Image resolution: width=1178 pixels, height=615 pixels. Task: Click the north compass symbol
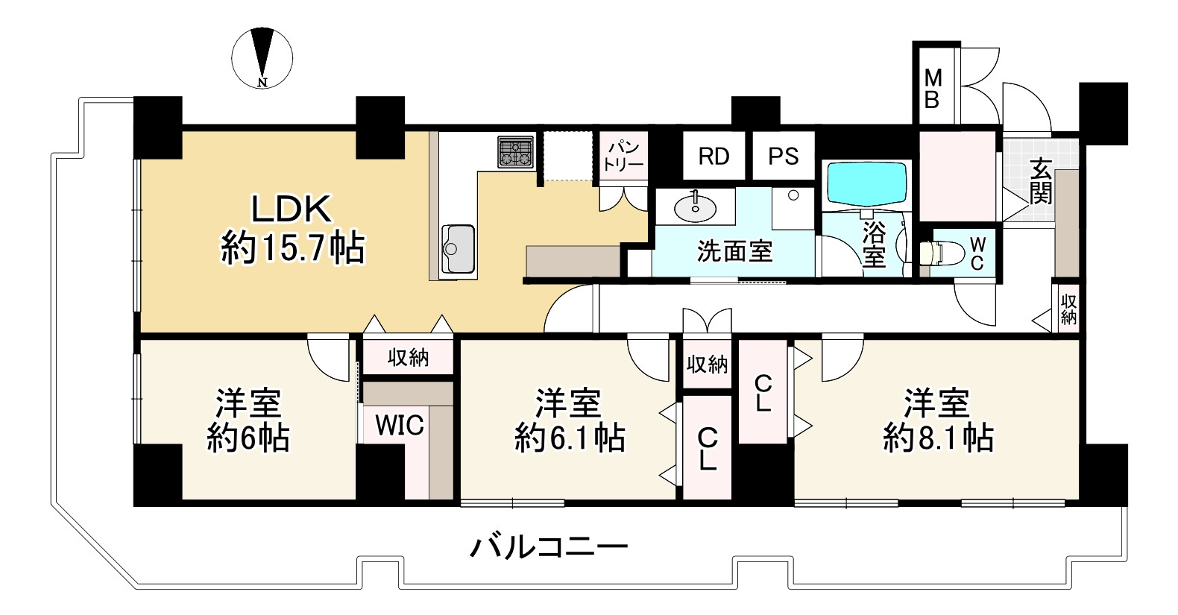point(262,57)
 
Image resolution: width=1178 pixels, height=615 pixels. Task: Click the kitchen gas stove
point(516,152)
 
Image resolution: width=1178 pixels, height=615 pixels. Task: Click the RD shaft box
point(714,157)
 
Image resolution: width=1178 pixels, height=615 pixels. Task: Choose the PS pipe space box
point(783,157)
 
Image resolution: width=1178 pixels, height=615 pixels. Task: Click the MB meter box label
point(932,89)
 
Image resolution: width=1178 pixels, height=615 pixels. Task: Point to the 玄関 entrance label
point(1041,182)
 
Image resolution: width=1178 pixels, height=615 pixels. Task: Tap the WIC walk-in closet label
point(399,426)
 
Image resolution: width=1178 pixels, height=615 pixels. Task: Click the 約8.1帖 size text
point(938,438)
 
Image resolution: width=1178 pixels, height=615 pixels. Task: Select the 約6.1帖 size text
point(570,438)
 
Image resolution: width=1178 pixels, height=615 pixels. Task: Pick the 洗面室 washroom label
point(734,252)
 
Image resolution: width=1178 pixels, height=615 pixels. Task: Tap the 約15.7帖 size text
point(292,247)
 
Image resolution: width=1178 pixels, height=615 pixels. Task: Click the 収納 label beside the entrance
point(1068,309)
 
